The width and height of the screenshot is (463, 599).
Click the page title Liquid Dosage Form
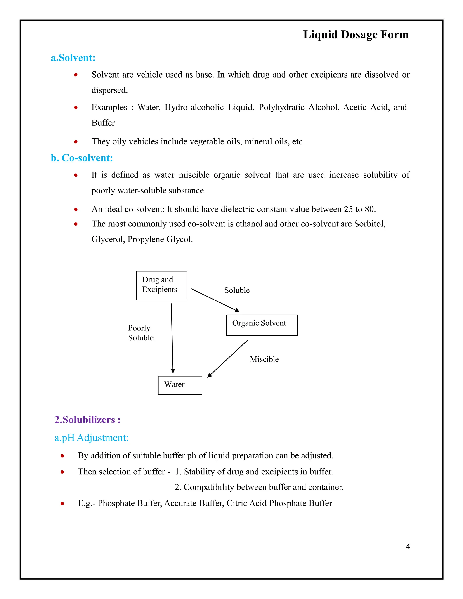[356, 35]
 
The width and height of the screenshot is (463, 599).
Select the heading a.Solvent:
[73, 58]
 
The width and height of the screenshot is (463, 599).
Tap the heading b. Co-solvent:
[82, 158]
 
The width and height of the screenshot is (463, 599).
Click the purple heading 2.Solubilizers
[87, 420]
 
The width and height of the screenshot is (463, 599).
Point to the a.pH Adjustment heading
[91, 437]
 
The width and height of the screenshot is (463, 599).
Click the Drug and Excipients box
[162, 285]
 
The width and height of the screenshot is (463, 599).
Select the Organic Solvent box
[261, 325]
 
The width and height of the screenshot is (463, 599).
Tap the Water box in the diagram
[180, 385]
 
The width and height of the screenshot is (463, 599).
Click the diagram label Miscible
[264, 359]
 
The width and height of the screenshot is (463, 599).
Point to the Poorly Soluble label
[140, 333]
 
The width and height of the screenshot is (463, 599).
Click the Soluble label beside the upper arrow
[237, 290]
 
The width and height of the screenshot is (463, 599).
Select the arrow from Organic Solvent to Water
[228, 359]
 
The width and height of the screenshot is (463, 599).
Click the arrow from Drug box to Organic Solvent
[215, 300]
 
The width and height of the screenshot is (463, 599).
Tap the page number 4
[408, 547]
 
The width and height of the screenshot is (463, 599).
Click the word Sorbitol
[369, 224]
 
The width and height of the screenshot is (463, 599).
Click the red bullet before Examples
[76, 108]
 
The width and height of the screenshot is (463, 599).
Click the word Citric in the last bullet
[236, 503]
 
